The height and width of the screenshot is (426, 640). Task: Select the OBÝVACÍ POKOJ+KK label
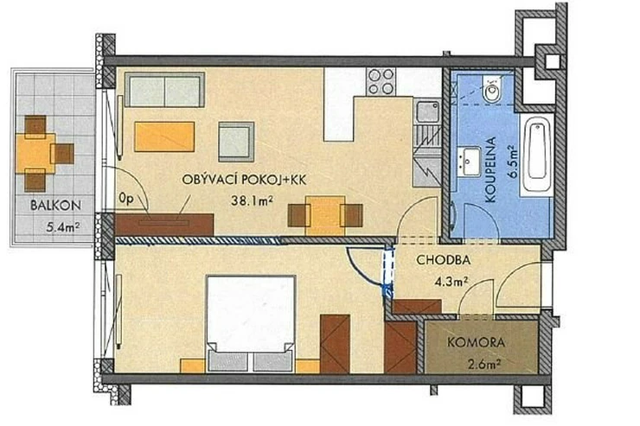(244, 180)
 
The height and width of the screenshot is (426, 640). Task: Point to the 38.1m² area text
(252, 200)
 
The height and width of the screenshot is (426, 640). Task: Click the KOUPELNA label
(491, 169)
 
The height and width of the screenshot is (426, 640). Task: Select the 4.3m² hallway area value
(451, 281)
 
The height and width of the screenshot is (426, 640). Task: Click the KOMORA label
(476, 342)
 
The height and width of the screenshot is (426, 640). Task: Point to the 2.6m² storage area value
(484, 363)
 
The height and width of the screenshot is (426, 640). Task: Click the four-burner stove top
(381, 82)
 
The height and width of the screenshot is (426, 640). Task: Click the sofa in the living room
(164, 90)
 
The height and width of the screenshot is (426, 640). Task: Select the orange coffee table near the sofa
(164, 137)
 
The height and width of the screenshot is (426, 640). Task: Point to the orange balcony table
(35, 153)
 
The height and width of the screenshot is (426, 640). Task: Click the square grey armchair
(236, 142)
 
